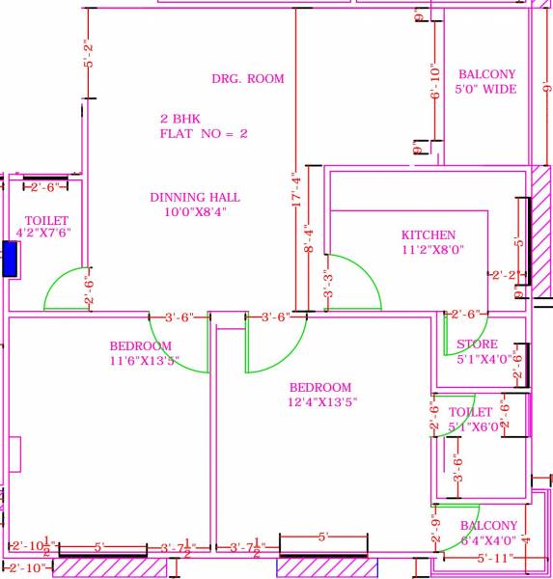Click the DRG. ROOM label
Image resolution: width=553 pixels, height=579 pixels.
(x=248, y=79)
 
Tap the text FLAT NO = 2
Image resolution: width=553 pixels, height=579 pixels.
(x=204, y=134)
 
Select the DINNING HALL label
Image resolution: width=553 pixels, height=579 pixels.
(x=195, y=198)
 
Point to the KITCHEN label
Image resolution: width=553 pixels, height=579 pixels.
(x=429, y=235)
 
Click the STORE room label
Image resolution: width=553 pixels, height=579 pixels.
(x=477, y=345)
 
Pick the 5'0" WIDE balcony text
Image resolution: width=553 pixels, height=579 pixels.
(x=486, y=90)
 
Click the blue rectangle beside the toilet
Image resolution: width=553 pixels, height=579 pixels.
(x=10, y=260)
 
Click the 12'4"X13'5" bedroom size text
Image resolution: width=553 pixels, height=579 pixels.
(x=323, y=402)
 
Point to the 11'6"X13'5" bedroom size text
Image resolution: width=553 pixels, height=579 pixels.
(x=144, y=361)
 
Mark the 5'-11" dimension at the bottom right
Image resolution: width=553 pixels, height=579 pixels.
(x=492, y=559)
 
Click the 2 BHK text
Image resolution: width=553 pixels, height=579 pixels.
(x=181, y=119)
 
